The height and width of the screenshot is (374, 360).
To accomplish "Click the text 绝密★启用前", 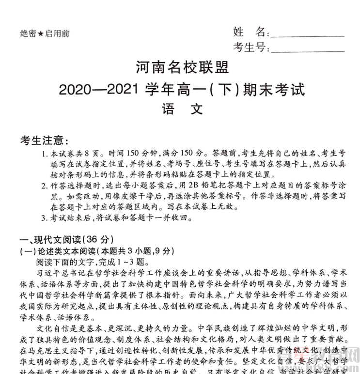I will [45, 33].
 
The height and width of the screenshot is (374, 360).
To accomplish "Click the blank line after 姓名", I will [307, 33].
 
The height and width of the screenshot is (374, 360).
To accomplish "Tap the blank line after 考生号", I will [307, 48].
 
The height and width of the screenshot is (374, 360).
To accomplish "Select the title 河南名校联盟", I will [180, 68].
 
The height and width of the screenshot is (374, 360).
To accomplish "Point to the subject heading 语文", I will [180, 109].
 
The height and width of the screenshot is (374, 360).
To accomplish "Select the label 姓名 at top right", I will [249, 32].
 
